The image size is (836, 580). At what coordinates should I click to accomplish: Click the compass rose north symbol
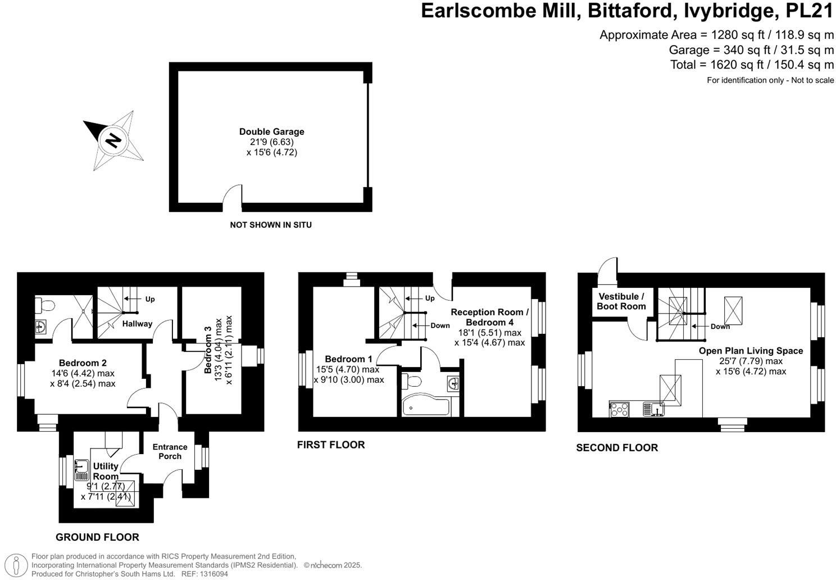coord(113,140)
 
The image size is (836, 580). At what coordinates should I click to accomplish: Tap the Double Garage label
coord(271,132)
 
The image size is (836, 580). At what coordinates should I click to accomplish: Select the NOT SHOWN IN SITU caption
coord(270,225)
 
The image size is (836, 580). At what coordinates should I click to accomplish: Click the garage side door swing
coord(233,195)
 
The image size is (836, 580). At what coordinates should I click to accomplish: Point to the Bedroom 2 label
coord(83,363)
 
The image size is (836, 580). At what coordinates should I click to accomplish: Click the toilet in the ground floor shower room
coord(46,305)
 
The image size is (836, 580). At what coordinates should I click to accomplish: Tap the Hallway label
coord(137,324)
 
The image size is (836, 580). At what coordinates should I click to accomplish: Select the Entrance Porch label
coord(170,451)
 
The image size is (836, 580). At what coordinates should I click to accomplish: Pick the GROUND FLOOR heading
coord(97,537)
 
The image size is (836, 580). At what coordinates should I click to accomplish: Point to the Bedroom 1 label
coord(348,359)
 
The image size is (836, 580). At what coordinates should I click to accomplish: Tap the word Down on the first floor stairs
coord(440,325)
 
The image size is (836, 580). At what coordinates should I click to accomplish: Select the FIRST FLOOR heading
coord(331,445)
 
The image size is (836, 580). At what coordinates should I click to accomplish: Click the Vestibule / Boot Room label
coord(621,301)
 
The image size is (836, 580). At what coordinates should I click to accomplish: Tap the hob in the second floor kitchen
coord(620,409)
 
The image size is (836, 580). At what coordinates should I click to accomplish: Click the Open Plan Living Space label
coord(751,351)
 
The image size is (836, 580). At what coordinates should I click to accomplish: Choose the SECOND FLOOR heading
coord(617,447)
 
